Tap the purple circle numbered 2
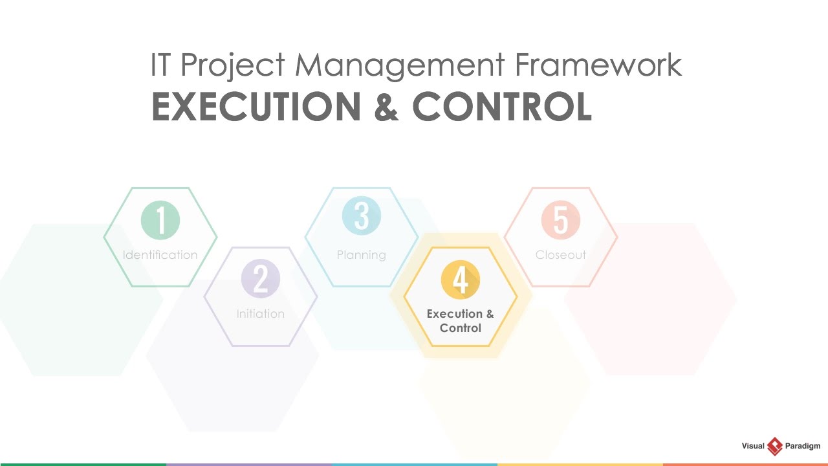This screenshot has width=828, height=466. [x=261, y=279]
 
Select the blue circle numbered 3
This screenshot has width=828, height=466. [x=362, y=216]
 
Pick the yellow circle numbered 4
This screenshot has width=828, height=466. [x=460, y=280]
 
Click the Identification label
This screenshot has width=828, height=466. [x=160, y=255]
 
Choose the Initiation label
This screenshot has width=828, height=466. [x=261, y=314]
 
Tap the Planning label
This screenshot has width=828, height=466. [x=362, y=255]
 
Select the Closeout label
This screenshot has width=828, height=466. [x=561, y=255]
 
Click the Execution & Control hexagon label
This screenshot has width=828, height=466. [x=460, y=321]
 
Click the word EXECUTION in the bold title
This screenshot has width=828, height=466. [x=255, y=107]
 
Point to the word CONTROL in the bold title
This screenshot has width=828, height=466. [x=502, y=107]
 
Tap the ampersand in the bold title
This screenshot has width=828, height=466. [x=386, y=107]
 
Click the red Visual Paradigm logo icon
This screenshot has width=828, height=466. [x=774, y=447]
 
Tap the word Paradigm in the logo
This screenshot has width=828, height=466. [x=802, y=447]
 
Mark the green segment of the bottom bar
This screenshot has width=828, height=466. [x=83, y=463]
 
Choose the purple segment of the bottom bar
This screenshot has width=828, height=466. [x=248, y=463]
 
